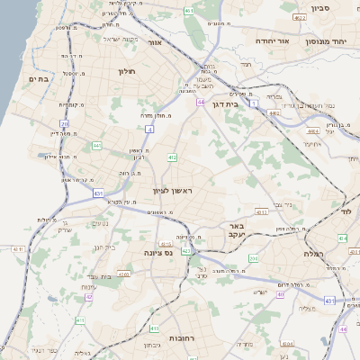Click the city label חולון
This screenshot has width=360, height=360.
click(126, 70)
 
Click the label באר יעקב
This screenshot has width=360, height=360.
click(236, 230)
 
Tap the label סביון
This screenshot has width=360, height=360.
click(321, 8)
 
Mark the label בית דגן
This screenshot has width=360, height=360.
click(230, 103)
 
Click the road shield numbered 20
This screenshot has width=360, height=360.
click(64, 123)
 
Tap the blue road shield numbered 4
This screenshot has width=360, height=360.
click(148, 130)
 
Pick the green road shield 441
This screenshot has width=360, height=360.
click(96, 145)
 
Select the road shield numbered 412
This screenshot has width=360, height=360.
click(171, 157)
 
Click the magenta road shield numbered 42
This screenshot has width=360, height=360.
click(87, 297)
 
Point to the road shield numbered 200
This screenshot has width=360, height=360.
click(255, 258)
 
